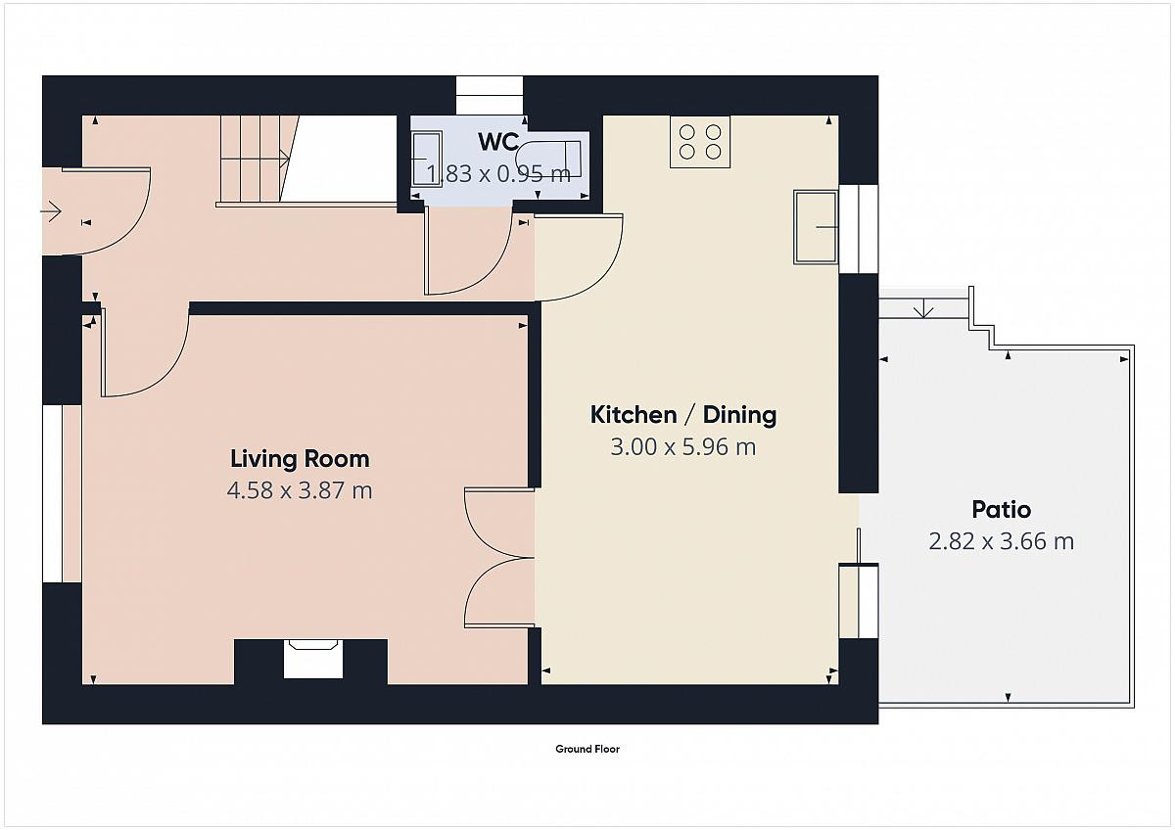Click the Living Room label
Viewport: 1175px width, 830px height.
coord(300,459)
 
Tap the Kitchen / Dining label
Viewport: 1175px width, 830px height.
coord(683,415)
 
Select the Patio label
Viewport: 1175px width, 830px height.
coord(1002,510)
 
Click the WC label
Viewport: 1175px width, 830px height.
coord(498,142)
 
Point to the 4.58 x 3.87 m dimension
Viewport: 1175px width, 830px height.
coord(300,490)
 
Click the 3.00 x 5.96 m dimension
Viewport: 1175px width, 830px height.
coord(683,447)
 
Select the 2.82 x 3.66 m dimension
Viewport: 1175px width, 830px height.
coord(1002,541)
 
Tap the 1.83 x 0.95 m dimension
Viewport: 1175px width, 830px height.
coord(498,174)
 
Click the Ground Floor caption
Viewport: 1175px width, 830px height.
coord(587,749)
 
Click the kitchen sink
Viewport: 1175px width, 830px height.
coord(816,226)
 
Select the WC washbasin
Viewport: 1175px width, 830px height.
coord(428,159)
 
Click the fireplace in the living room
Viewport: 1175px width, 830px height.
coord(313,659)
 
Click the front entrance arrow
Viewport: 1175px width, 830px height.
coord(51,211)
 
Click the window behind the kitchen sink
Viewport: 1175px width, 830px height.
coord(859,229)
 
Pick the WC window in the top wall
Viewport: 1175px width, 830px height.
coord(490,95)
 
